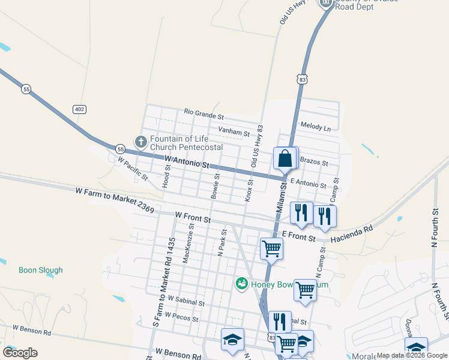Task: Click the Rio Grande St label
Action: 204,112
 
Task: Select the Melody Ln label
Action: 316,128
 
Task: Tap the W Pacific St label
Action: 133,169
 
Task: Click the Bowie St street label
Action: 214,186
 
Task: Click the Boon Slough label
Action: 41,270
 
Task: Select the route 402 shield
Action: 79,109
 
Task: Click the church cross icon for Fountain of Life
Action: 140,142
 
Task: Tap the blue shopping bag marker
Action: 285,159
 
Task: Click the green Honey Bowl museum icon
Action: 242,283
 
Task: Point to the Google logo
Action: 20,353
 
